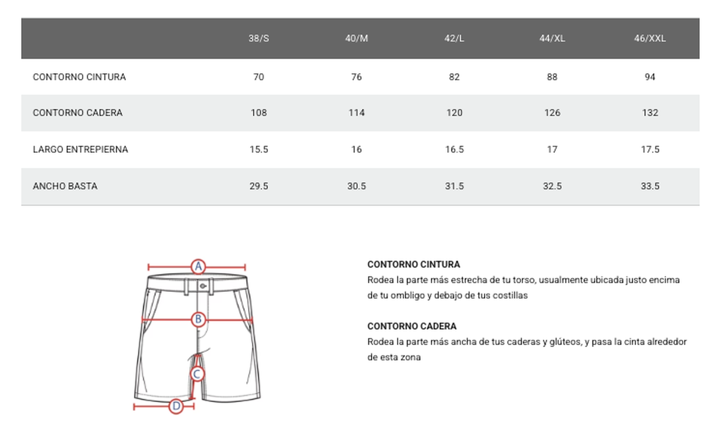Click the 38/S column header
coord(258,38)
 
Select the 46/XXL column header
coord(650,38)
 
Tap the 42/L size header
coord(454,38)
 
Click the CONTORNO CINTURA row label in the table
coord(79,77)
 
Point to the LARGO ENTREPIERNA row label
coord(80,149)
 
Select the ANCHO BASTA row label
coord(65,186)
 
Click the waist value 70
coord(258,77)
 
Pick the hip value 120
coord(454,113)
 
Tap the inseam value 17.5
coord(650,149)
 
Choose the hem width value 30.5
coord(357,186)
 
